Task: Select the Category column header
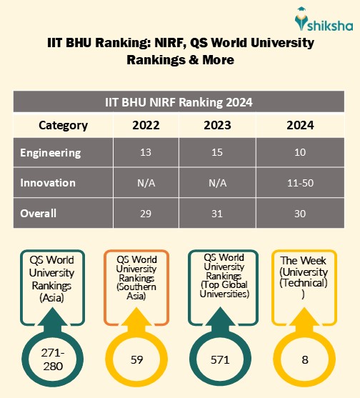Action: click(63, 125)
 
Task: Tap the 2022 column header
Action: click(146, 125)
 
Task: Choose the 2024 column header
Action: click(299, 125)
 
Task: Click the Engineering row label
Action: click(51, 153)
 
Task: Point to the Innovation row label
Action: click(48, 183)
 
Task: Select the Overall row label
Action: click(39, 213)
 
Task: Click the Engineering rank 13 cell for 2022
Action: click(146, 153)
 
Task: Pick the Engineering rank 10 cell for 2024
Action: click(299, 153)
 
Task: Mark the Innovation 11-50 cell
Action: click(299, 183)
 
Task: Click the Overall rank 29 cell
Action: click(146, 213)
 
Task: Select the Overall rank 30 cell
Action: click(299, 213)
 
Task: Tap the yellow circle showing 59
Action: click(136, 359)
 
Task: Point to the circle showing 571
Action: click(220, 359)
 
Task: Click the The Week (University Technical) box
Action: click(305, 278)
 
